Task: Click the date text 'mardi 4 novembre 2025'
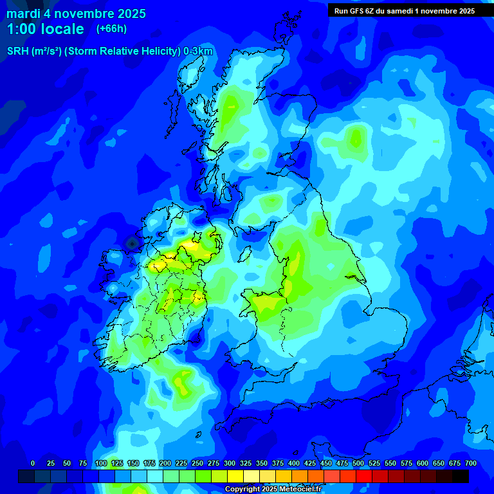(76, 14)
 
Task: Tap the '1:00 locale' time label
(45, 29)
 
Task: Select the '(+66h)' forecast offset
(111, 29)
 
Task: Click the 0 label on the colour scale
(32, 463)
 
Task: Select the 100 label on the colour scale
(101, 463)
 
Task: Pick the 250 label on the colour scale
(197, 463)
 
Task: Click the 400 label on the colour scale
(294, 463)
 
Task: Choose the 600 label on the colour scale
(423, 463)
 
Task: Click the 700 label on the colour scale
(471, 463)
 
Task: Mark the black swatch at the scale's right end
(461, 476)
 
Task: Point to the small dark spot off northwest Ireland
(132, 244)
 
